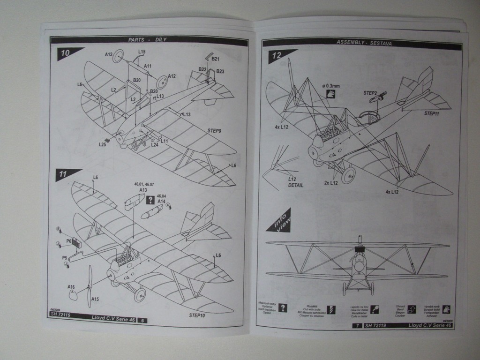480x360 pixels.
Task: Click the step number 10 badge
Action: pos(66,53)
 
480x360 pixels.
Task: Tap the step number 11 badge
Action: pos(64,174)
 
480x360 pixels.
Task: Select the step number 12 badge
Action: pos(277,55)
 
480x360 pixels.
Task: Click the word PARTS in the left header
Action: pos(136,40)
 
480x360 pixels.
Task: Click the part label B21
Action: pos(216,59)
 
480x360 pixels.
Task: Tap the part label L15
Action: pos(142,52)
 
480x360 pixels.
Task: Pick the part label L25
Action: pos(103,144)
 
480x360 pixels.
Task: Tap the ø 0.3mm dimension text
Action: pos(331,85)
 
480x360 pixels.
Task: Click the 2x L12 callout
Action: pos(331,182)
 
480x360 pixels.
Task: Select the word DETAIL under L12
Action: pos(296,186)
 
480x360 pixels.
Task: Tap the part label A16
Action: pos(71,287)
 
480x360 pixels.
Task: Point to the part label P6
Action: pos(68,240)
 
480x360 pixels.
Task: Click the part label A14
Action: pos(162,201)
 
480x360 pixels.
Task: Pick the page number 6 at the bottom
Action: pos(142,320)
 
